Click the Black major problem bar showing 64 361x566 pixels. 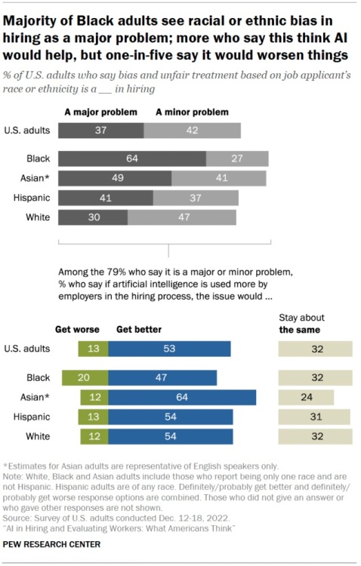pos(131,158)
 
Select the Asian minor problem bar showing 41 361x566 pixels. pos(218,178)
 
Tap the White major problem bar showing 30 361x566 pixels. pos(92,217)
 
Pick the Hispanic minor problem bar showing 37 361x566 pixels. pos(196,198)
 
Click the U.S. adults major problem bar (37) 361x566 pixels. pos(100,130)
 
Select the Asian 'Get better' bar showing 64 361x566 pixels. pos(182,397)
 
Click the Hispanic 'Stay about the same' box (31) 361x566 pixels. pos(314,417)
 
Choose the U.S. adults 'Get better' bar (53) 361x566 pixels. pos(169,349)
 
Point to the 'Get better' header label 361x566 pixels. pos(138,330)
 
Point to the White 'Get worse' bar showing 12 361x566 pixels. pos(94,436)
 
